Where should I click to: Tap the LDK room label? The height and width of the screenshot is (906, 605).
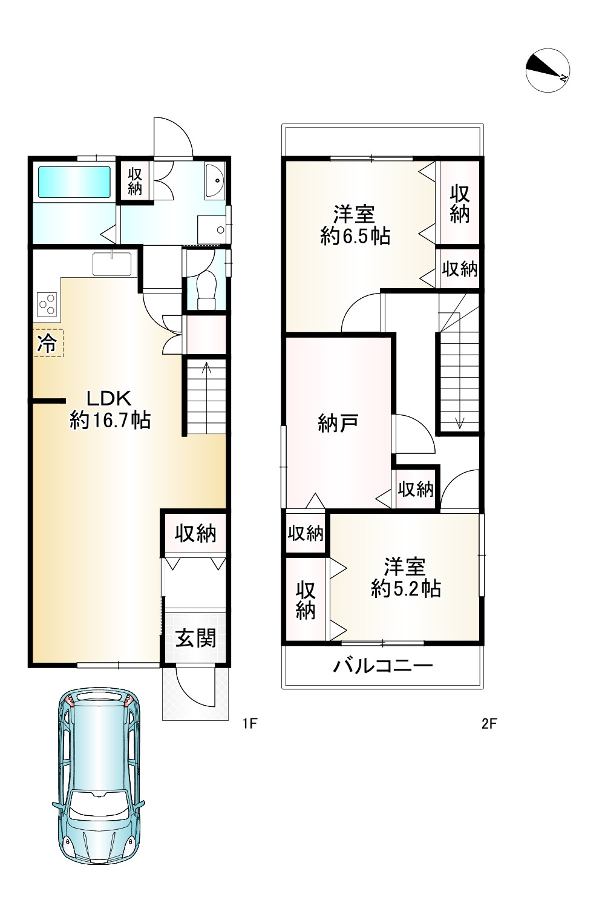click(109, 398)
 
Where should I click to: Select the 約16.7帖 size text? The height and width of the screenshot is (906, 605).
click(110, 419)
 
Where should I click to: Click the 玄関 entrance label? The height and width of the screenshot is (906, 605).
click(195, 638)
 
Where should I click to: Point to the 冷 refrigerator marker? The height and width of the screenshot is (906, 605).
click(47, 344)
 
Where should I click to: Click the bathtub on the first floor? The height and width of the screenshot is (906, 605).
click(74, 182)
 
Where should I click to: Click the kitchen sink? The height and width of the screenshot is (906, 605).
click(112, 264)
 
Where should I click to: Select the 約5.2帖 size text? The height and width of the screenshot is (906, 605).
click(405, 589)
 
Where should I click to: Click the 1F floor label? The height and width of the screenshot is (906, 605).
click(250, 723)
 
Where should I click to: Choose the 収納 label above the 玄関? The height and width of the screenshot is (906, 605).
click(195, 534)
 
